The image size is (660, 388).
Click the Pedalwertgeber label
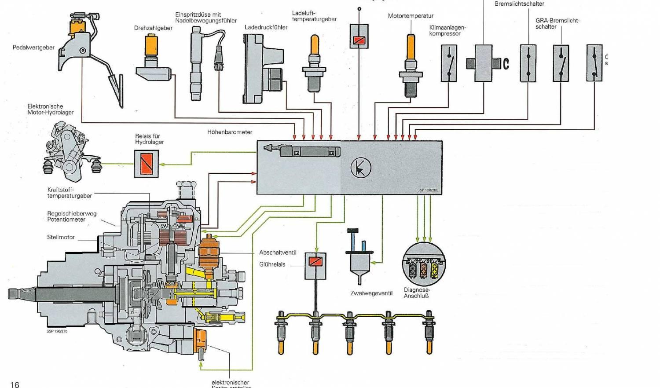tap(33, 48)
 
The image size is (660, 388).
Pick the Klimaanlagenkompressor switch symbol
tap(449, 64)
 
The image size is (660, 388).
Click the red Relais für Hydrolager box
tap(147, 164)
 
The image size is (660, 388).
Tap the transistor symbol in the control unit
tap(361, 168)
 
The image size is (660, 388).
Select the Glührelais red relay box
tap(315, 262)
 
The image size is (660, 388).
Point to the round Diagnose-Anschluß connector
tap(424, 264)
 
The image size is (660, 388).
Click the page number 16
tap(15, 384)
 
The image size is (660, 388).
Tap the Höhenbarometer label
tap(230, 132)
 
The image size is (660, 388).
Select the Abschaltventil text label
tap(278, 253)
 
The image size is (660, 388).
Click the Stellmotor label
tap(61, 237)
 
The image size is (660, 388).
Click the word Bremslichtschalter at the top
tap(519, 4)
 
